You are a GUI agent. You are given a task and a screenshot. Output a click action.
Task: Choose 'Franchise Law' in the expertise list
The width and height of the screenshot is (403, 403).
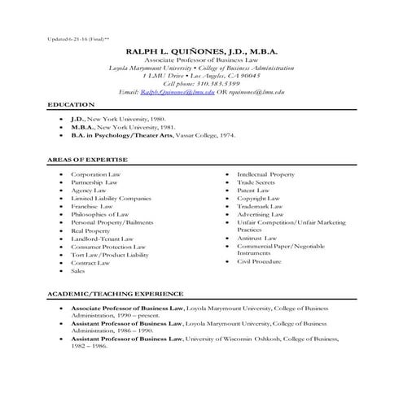point(90,207)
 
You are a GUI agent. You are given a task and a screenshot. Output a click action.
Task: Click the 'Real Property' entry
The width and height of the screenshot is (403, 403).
point(90,230)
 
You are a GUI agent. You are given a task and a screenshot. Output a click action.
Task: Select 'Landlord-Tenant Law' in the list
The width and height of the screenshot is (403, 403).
point(101,239)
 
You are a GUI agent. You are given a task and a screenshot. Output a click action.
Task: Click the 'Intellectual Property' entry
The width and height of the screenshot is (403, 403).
point(265,175)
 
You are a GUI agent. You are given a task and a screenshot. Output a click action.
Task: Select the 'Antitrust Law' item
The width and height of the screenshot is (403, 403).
point(256,238)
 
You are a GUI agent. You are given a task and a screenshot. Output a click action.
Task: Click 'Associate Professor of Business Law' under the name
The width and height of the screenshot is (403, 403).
point(201,61)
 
